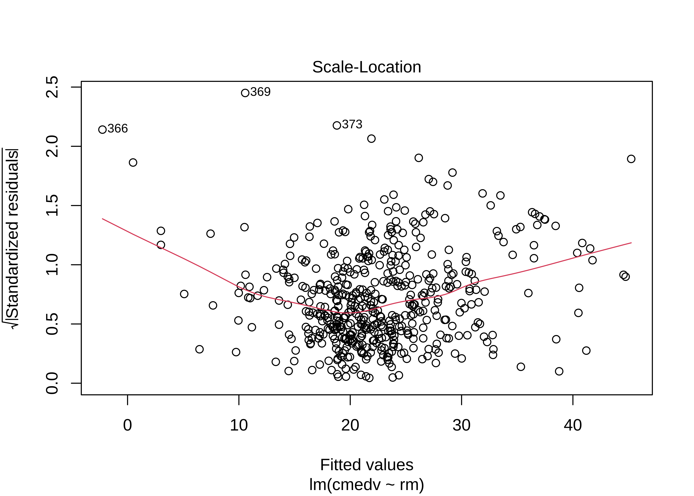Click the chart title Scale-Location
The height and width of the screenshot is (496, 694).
[366, 67]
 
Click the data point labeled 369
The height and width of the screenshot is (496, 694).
[245, 93]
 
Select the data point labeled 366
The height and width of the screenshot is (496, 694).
[102, 129]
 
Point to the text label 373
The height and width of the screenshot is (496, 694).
[352, 124]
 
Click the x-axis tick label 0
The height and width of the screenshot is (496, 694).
[128, 425]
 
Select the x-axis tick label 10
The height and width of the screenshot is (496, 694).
[239, 425]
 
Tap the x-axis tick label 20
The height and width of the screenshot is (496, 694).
[350, 425]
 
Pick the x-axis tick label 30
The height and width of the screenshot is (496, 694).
[462, 425]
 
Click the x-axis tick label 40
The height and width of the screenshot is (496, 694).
[573, 425]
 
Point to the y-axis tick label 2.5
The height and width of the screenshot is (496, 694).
[52, 87]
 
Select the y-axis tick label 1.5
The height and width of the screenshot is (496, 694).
[52, 206]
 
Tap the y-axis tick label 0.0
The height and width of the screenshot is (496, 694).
[52, 383]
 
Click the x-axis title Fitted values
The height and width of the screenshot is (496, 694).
[366, 465]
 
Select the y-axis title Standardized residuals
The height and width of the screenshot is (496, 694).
[12, 238]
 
